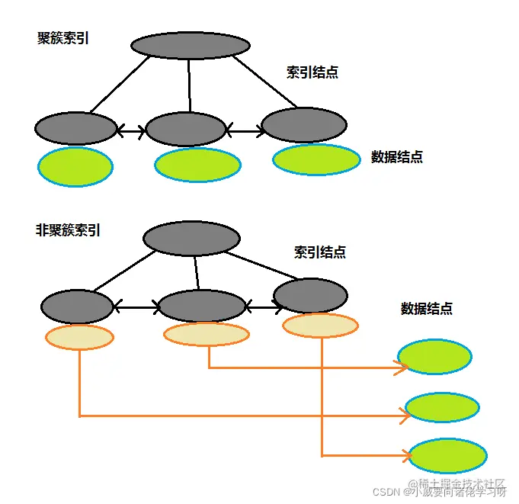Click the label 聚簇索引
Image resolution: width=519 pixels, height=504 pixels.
(x=63, y=38)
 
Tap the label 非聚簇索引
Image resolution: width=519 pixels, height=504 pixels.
(x=69, y=229)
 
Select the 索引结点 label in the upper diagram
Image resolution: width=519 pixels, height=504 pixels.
(x=312, y=72)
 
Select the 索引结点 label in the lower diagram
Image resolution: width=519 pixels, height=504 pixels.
(x=320, y=252)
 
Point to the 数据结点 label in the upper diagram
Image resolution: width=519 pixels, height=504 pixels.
(x=397, y=157)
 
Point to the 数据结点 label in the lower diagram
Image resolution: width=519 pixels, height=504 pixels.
(x=427, y=309)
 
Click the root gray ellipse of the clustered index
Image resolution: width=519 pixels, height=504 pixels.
(x=191, y=45)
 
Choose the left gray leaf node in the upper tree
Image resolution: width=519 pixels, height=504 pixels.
(x=75, y=128)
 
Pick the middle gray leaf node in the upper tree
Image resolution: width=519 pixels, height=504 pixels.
(x=185, y=129)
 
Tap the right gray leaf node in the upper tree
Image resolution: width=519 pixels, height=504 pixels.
(x=303, y=125)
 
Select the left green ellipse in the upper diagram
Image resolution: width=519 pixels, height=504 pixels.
(x=75, y=167)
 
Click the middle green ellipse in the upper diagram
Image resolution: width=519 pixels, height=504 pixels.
(x=197, y=165)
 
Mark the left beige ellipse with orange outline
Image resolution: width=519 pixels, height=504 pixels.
(x=79, y=336)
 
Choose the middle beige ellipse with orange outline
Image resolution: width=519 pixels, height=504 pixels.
(x=207, y=334)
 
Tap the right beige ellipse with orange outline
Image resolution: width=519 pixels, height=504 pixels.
(x=320, y=326)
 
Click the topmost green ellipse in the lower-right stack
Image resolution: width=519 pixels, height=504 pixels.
(x=434, y=356)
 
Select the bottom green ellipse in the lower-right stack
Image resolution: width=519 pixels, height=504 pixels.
(x=448, y=457)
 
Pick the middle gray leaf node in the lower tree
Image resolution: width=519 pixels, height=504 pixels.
(x=201, y=306)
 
